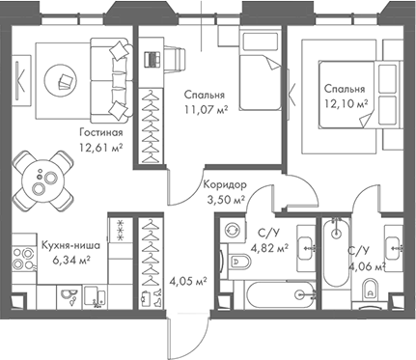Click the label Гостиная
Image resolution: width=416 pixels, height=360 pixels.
(101, 133)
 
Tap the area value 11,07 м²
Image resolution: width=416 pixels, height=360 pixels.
(205, 111)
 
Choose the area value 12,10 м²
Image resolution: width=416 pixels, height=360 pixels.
(345, 101)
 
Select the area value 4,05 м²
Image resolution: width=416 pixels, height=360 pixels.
(188, 282)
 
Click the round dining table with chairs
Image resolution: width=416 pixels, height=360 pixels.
(41, 179)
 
